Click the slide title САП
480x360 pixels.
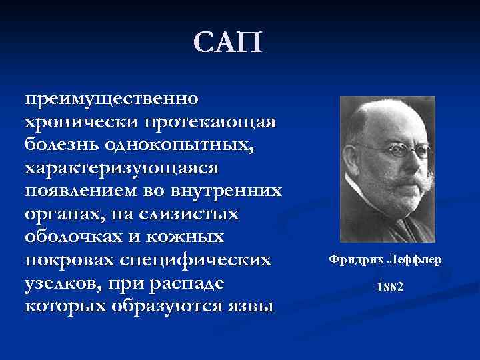click(x=229, y=43)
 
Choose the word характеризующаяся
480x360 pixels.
click(x=126, y=167)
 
